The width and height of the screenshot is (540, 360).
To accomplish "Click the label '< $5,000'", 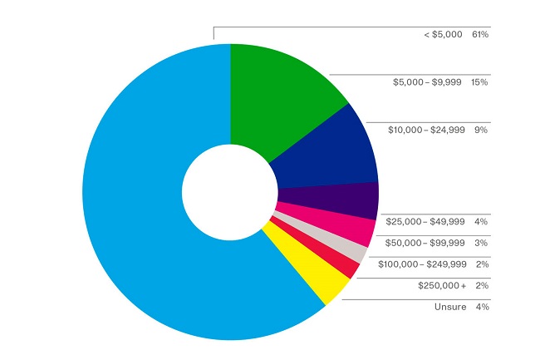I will point(443,35).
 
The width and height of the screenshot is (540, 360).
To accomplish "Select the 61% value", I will point(479,35).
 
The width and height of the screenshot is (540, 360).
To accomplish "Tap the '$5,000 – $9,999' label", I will point(429,82).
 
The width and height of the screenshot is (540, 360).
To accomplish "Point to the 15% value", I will point(479,82).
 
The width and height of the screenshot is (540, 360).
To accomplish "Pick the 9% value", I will point(482,130).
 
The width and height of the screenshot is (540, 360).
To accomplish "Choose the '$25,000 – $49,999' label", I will point(425,221).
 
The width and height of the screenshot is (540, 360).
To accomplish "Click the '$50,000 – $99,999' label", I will point(425,243).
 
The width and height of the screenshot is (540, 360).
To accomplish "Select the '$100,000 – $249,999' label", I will point(422,264).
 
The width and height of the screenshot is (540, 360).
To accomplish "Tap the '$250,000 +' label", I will point(442,286).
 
